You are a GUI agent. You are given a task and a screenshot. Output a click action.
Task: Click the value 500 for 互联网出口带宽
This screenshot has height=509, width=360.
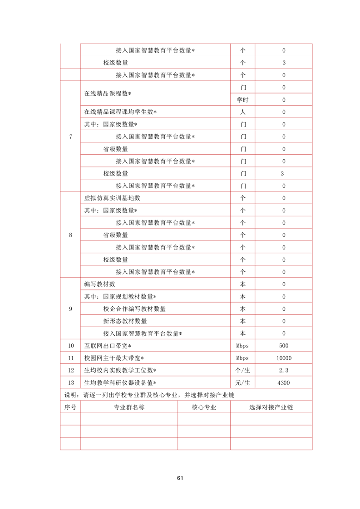pyautogui.click(x=284, y=346)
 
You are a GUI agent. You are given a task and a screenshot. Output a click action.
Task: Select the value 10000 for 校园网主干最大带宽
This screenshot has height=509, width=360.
pyautogui.click(x=284, y=358)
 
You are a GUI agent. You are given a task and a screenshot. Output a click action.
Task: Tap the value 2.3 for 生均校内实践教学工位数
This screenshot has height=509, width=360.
pyautogui.click(x=284, y=370)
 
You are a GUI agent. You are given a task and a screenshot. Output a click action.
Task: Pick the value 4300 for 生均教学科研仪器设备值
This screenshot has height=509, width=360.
pyautogui.click(x=284, y=382)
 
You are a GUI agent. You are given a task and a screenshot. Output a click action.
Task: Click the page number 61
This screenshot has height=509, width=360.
pyautogui.click(x=180, y=478)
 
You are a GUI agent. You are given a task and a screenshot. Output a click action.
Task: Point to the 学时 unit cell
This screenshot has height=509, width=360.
pyautogui.click(x=242, y=100)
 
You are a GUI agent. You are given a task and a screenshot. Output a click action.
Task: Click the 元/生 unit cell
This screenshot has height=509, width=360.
pyautogui.click(x=242, y=382)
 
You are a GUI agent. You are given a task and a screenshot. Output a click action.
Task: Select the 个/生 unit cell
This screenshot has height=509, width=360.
pyautogui.click(x=242, y=370)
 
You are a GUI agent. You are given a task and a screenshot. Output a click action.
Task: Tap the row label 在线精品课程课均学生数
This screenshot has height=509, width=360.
pyautogui.click(x=120, y=112)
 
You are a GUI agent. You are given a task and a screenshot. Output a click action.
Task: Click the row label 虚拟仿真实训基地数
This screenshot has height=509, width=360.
pyautogui.click(x=112, y=198)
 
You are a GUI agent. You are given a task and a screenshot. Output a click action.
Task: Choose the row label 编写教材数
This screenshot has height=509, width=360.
pyautogui.click(x=100, y=284)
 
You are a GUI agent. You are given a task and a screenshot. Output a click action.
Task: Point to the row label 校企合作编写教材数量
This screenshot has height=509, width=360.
pyautogui.click(x=134, y=309)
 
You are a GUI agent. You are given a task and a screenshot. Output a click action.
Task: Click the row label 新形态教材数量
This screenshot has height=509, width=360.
pyautogui.click(x=125, y=321)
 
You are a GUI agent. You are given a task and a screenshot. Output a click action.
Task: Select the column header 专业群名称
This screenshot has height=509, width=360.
pyautogui.click(x=129, y=407)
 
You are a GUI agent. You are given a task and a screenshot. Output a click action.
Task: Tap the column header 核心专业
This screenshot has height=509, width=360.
pyautogui.click(x=204, y=407)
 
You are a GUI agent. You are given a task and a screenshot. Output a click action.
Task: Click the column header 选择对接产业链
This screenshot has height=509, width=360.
pyautogui.click(x=271, y=407)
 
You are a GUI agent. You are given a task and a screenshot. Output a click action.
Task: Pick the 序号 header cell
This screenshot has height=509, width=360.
pyautogui.click(x=70, y=407)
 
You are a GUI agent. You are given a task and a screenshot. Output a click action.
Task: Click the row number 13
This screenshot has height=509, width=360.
pyautogui.click(x=70, y=382)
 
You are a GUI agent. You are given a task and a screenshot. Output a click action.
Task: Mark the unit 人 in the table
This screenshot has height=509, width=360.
pyautogui.click(x=242, y=112)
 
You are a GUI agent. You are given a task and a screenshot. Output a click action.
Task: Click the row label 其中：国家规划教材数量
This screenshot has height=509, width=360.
pyautogui.click(x=120, y=297)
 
